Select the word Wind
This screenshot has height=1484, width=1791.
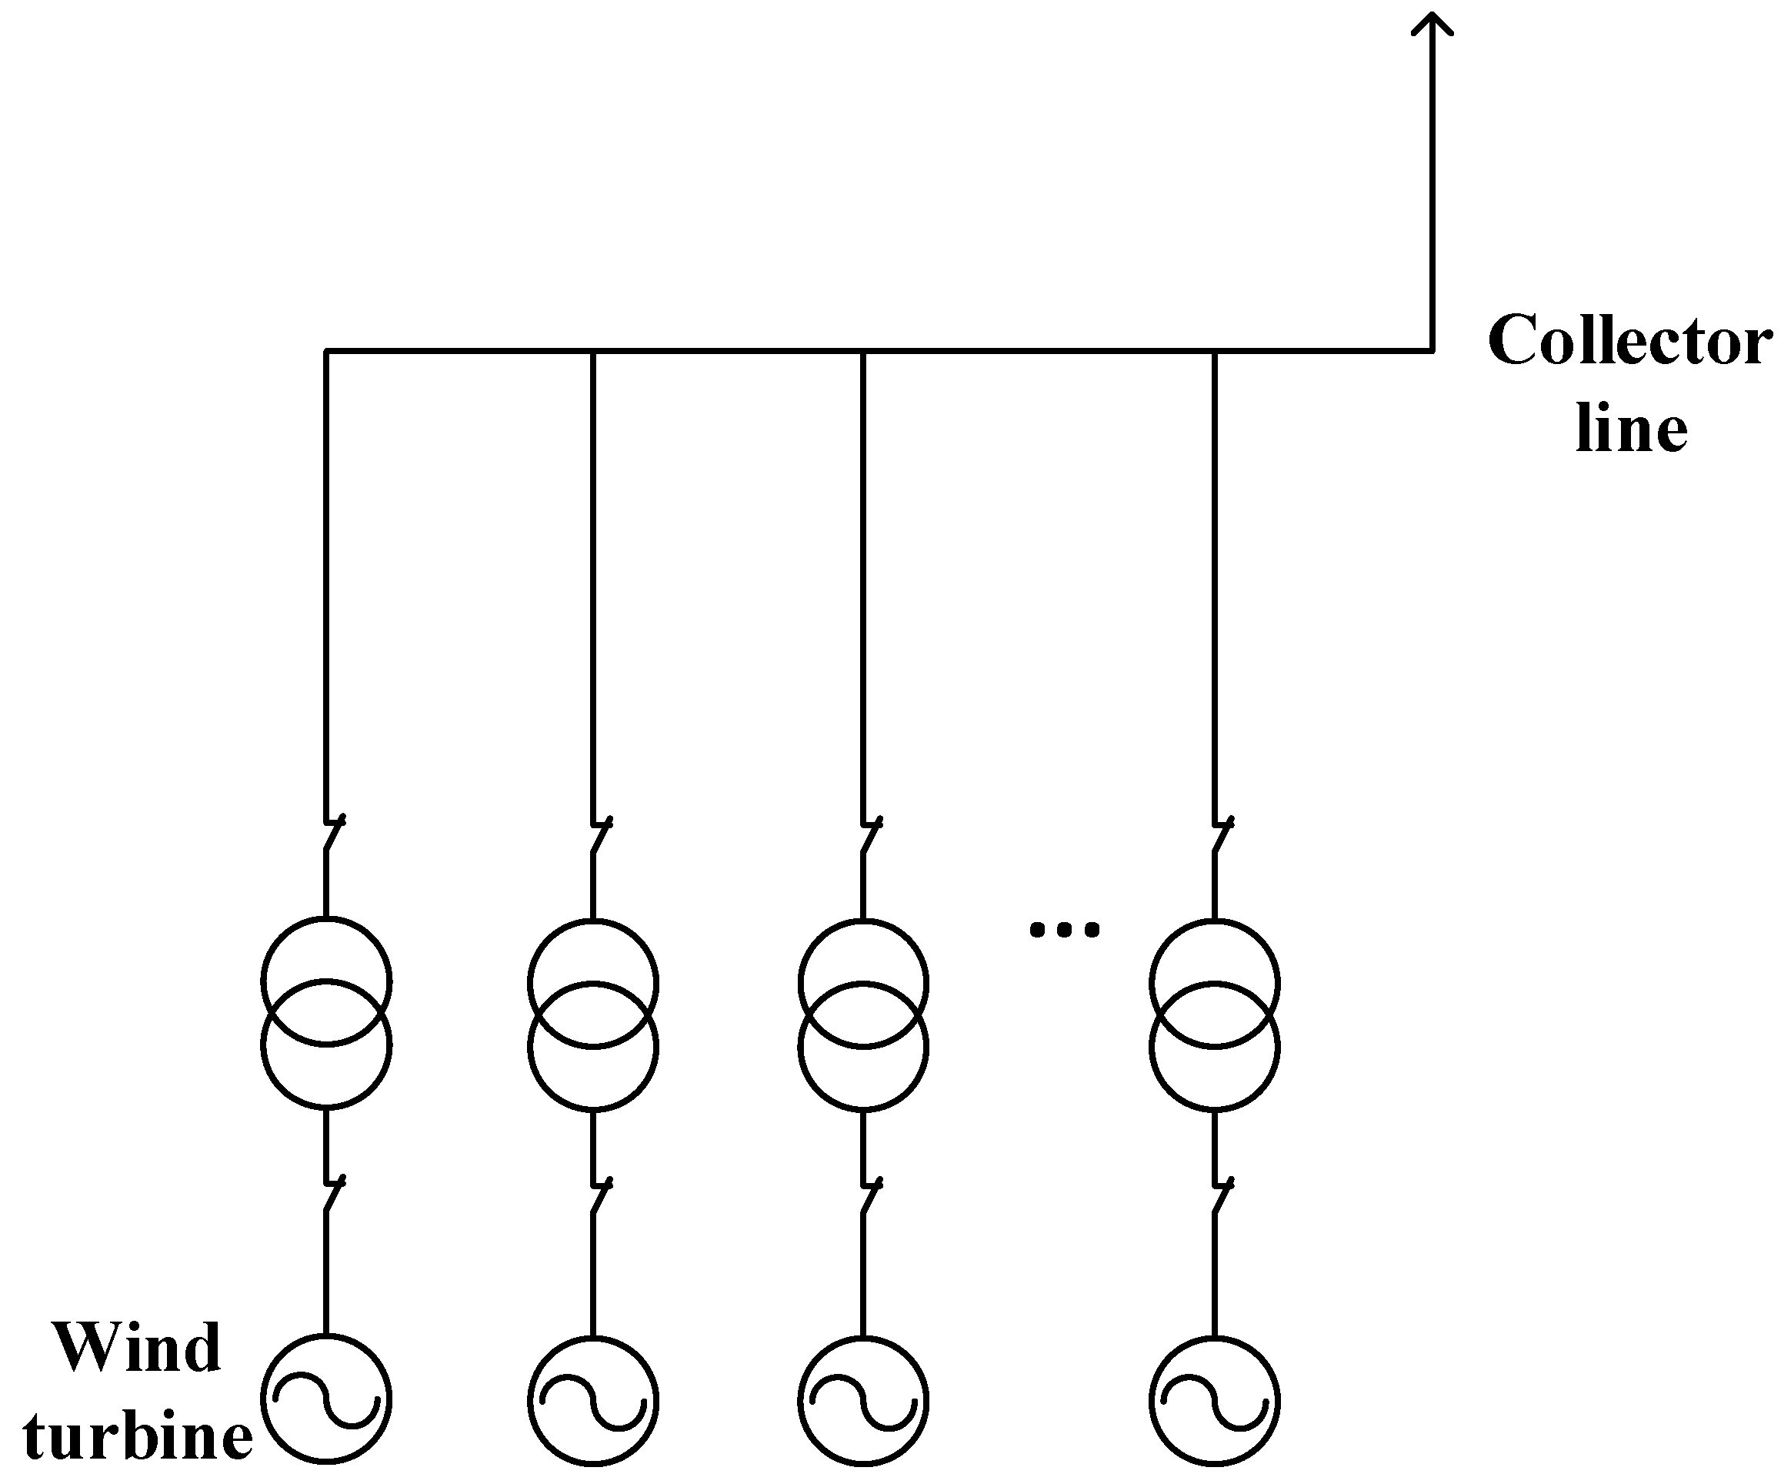click(137, 1349)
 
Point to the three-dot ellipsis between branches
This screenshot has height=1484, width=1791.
click(1064, 929)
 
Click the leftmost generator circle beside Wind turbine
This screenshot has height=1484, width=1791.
click(325, 1399)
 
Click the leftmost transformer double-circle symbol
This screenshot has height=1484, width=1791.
click(325, 1013)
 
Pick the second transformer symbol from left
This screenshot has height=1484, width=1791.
click(592, 1014)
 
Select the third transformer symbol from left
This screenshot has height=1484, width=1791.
click(863, 1014)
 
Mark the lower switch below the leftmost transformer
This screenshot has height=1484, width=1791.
click(332, 1193)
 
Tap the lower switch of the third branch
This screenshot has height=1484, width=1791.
click(870, 1195)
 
